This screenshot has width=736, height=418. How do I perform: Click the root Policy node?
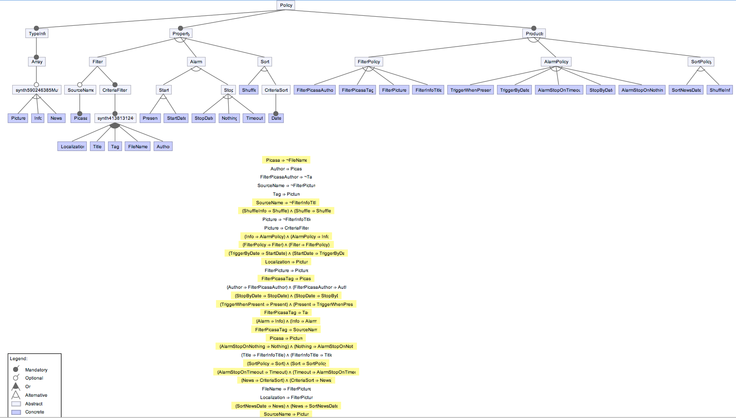pos(286,5)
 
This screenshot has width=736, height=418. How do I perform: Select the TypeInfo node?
pos(37,33)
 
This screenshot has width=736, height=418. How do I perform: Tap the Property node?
pos(181,33)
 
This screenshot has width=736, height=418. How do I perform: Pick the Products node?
pos(534,33)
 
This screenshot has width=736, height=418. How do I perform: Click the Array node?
pos(37,62)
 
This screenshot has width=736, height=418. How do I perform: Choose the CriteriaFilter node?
pos(115,90)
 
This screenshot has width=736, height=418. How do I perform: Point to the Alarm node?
pos(196,62)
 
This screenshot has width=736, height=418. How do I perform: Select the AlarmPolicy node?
pos(556,62)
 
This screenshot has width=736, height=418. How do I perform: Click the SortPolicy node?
pos(701,62)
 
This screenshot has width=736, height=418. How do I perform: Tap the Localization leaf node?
pos(72,146)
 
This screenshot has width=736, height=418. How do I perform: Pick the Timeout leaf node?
pos(254,118)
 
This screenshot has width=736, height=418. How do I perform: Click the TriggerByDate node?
pos(514,90)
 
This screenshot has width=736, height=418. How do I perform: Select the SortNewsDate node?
pos(686,90)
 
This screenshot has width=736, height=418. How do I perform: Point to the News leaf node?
pos(56,118)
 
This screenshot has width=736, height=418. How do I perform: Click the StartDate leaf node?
pos(176,118)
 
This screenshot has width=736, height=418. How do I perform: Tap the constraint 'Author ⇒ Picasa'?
pos(286,169)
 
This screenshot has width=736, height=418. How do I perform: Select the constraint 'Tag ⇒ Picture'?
pos(286,194)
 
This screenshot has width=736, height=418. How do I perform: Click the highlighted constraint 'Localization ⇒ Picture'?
pos(286,262)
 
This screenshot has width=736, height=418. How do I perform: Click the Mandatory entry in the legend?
pos(36,370)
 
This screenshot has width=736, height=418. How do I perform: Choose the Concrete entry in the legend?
pos(34,412)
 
